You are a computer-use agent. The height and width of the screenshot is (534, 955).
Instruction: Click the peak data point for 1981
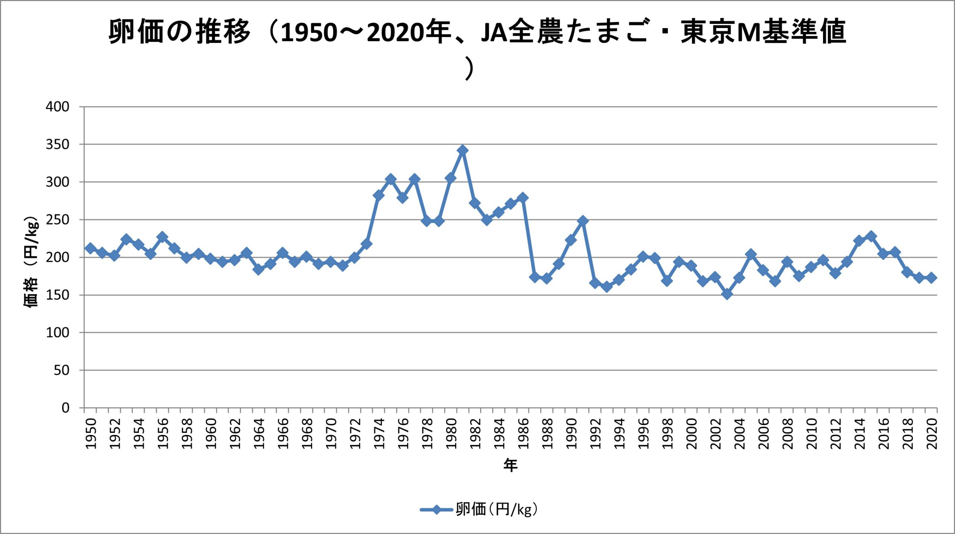pyautogui.click(x=463, y=150)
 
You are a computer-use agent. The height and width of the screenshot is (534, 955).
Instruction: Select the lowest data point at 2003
pyautogui.click(x=727, y=294)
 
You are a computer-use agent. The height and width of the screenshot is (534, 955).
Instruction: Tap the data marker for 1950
pyautogui.click(x=90, y=248)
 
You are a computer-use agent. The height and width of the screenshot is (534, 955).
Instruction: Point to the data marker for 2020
pyautogui.click(x=931, y=277)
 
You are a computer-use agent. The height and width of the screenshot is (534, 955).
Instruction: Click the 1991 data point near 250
pyautogui.click(x=583, y=221)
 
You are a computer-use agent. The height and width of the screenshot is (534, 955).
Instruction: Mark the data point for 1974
pyautogui.click(x=378, y=195)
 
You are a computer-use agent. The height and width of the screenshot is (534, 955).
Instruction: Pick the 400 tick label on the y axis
pyautogui.click(x=57, y=107)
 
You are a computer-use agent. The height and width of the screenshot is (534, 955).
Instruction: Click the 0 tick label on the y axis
pyautogui.click(x=65, y=408)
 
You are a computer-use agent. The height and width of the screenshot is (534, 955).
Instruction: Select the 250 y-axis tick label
pyautogui.click(x=57, y=220)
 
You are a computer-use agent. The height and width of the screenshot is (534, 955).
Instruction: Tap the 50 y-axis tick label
pyautogui.click(x=62, y=370)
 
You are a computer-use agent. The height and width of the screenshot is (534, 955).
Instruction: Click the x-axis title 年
pyautogui.click(x=510, y=465)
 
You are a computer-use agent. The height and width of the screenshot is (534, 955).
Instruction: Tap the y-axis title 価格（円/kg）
pyautogui.click(x=31, y=261)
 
